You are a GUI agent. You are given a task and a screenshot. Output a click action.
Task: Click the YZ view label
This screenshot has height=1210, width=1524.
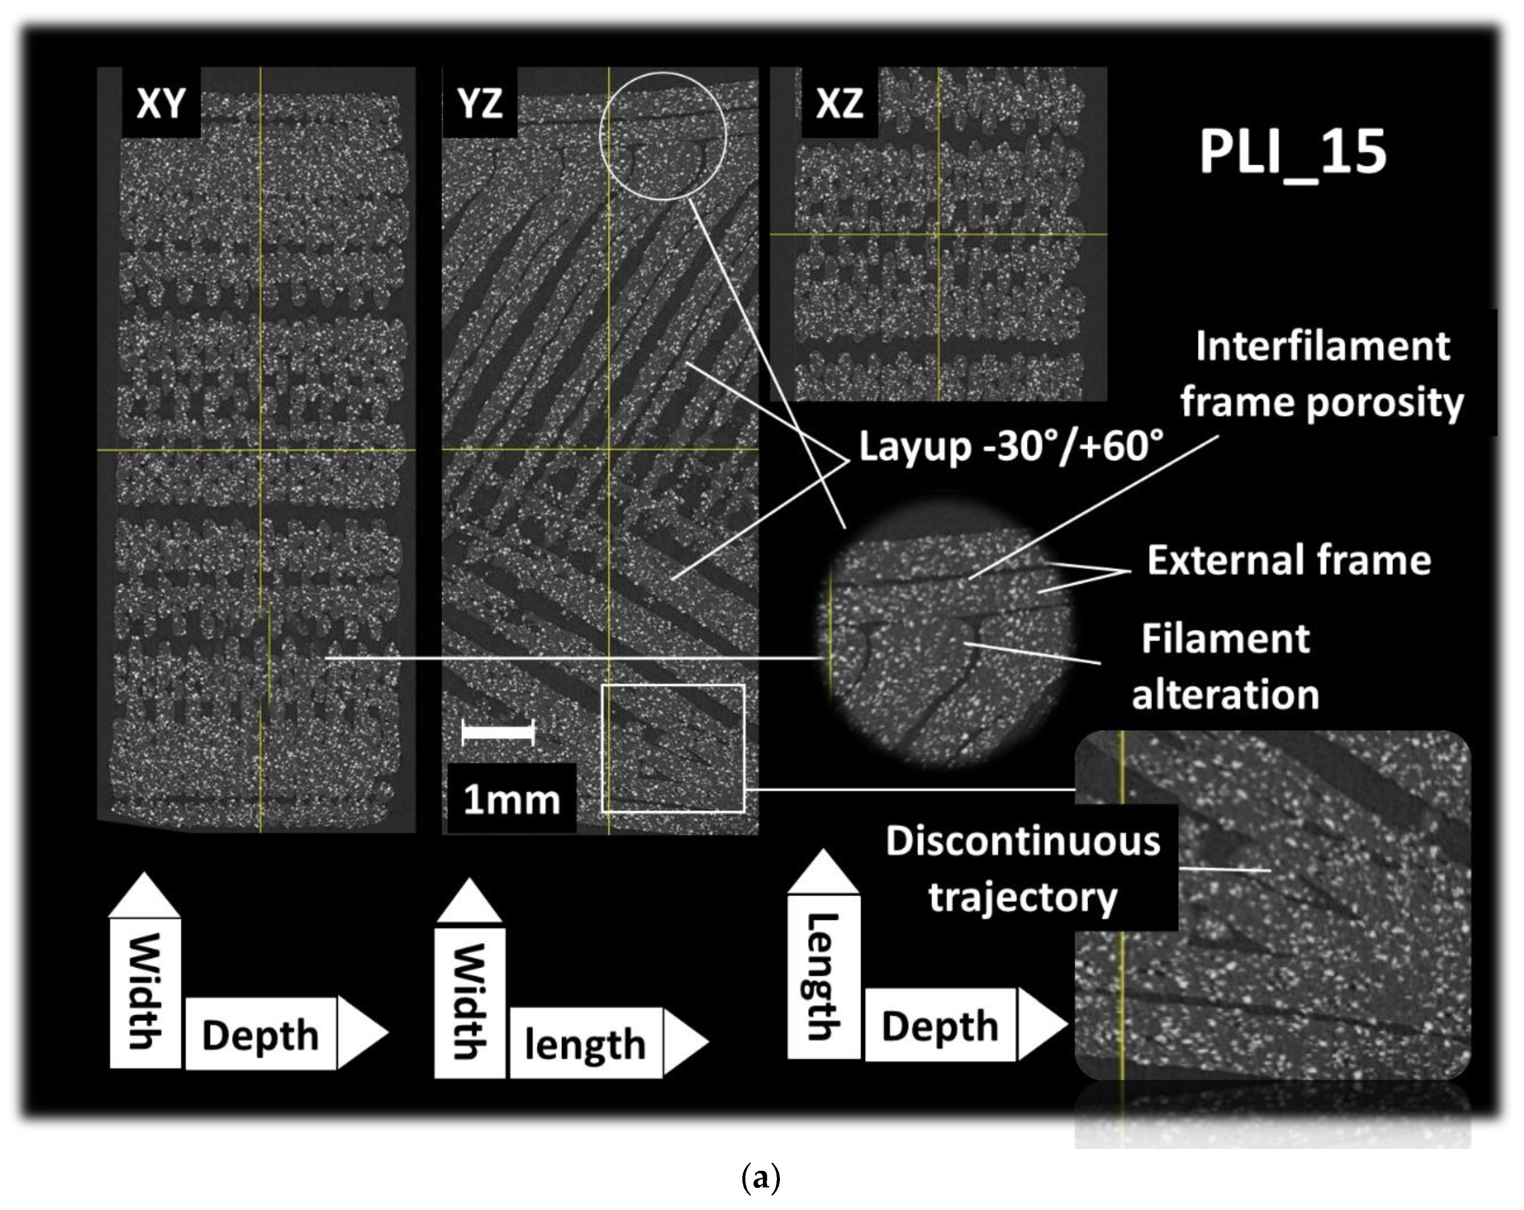480,103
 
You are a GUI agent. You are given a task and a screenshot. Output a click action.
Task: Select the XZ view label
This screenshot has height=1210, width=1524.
839,103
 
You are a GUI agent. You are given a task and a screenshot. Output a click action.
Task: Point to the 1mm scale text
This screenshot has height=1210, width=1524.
511,799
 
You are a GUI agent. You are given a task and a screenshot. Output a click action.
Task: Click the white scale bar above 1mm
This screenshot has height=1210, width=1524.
498,732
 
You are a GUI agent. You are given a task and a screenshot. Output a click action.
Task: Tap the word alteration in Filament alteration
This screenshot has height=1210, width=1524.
1226,695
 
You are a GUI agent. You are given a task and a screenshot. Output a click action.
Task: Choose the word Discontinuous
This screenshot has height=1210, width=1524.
1023,841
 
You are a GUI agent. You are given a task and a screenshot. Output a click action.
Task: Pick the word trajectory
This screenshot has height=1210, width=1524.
1023,897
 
